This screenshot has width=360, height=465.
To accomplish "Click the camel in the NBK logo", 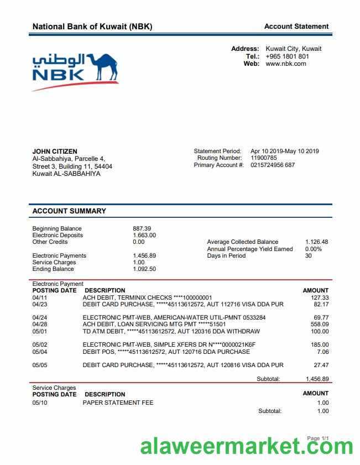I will [102, 67].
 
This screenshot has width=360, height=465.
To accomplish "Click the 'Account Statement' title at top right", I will [296, 26].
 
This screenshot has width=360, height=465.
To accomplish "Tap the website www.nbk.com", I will [285, 64].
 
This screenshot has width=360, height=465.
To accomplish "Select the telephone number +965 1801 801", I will [287, 56].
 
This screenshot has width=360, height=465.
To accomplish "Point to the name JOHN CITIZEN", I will [55, 151].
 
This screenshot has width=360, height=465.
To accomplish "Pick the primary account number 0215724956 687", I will [273, 165].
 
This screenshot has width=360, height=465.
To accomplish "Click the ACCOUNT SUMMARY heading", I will [69, 211].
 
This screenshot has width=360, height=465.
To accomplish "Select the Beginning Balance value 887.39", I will [142, 228].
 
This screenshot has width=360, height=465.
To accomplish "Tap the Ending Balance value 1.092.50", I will [144, 269].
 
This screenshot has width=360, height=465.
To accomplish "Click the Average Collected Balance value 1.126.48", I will [316, 242].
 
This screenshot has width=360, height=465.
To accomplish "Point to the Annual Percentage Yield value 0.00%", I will [313, 249].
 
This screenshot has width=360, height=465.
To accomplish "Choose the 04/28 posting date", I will [39, 325].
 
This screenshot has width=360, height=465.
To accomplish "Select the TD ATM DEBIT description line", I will [171, 332].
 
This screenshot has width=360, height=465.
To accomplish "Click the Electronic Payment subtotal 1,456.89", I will [317, 379].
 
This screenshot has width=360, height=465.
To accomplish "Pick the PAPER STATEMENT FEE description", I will [118, 403].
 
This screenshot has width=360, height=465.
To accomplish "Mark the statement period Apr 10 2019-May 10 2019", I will [284, 151].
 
